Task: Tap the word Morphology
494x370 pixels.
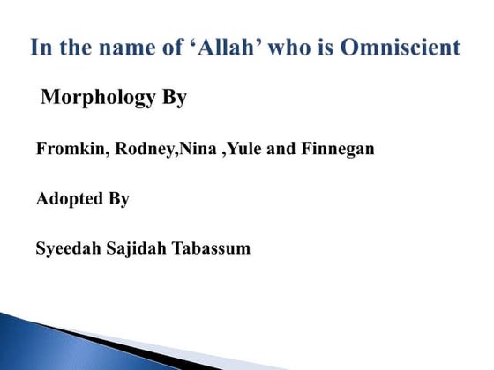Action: (98, 98)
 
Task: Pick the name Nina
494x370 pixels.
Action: (198, 150)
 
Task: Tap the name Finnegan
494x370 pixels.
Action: (338, 150)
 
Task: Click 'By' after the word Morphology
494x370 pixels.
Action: (174, 98)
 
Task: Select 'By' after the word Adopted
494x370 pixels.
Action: (119, 199)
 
